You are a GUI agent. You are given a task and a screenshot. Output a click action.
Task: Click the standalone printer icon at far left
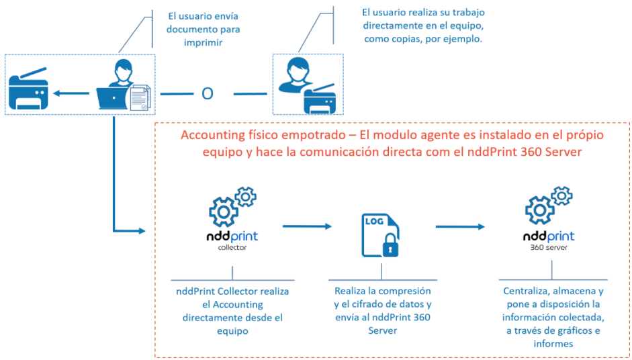(x=28, y=93)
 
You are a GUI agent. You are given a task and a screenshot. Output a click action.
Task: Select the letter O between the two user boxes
(x=208, y=93)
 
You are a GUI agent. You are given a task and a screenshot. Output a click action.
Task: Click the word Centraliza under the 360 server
(x=528, y=291)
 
